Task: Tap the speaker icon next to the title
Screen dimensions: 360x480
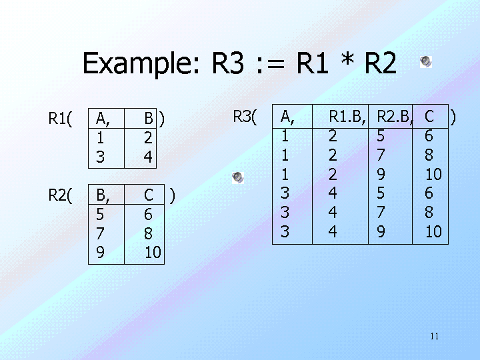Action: point(426,62)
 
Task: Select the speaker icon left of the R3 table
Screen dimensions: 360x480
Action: point(238,177)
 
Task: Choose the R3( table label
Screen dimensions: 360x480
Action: point(245,117)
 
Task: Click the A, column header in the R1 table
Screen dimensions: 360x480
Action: point(103,119)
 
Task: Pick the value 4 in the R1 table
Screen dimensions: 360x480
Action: point(149,157)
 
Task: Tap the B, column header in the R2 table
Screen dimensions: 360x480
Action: point(103,195)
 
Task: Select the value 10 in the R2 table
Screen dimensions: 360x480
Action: point(153,253)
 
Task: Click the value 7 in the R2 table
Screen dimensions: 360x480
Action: point(101,234)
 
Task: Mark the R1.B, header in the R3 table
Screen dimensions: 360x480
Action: point(347,117)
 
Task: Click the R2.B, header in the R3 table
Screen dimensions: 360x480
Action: point(395,117)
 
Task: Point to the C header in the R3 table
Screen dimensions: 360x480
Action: point(429,117)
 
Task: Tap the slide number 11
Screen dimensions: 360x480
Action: point(434,335)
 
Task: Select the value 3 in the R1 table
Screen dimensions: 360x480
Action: point(101,157)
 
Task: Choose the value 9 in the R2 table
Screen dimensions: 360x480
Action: point(101,253)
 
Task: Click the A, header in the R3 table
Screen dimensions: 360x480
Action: point(287,117)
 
